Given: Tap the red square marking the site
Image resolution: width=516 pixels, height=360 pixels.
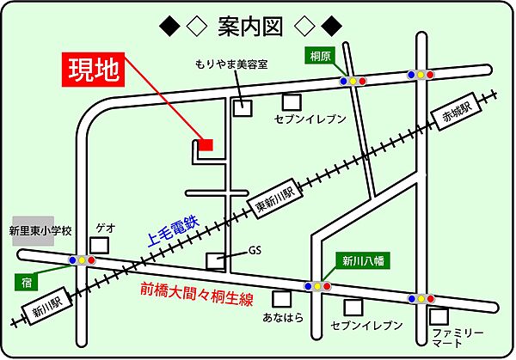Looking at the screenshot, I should click(206, 145).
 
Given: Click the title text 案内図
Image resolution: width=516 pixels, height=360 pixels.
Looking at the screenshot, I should click(257, 26).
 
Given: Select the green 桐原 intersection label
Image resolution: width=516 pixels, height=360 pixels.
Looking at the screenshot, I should click(321, 56).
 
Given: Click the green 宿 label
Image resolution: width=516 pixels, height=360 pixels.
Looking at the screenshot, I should click(29, 281).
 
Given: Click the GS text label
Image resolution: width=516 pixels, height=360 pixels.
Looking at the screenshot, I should click(255, 252).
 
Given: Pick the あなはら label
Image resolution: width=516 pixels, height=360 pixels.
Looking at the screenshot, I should click(282, 320).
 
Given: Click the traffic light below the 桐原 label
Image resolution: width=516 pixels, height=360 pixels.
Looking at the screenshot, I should click(353, 81).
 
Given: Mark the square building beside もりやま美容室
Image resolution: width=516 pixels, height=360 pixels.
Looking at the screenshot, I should click(244, 108).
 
